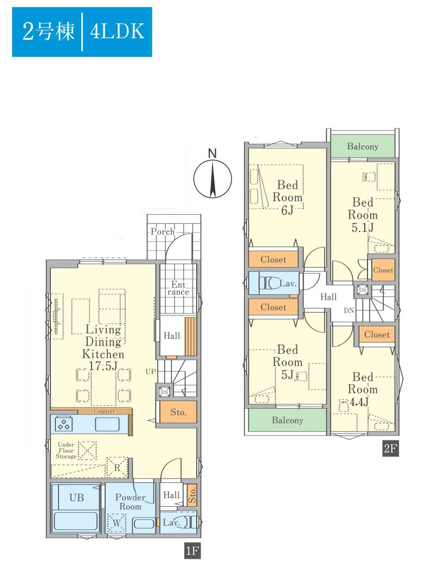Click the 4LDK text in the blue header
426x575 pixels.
click(117, 31)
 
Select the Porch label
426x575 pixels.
click(163, 232)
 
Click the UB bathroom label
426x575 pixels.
click(76, 498)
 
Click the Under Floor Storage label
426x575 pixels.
click(66, 450)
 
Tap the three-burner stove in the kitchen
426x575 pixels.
click(63, 424)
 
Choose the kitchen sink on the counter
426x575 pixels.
click(107, 424)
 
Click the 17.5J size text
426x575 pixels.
click(103, 366)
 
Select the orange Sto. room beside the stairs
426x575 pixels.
click(178, 412)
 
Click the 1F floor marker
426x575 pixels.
click(192, 551)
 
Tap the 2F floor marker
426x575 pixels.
click(390, 449)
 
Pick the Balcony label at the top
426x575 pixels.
click(363, 147)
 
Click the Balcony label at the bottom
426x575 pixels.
click(287, 420)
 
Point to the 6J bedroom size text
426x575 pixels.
click(287, 210)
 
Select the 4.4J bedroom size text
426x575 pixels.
click(359, 402)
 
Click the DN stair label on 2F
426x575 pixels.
click(348, 310)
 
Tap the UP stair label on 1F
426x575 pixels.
click(151, 371)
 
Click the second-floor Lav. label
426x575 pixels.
click(288, 283)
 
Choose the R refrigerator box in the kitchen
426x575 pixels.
click(117, 468)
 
